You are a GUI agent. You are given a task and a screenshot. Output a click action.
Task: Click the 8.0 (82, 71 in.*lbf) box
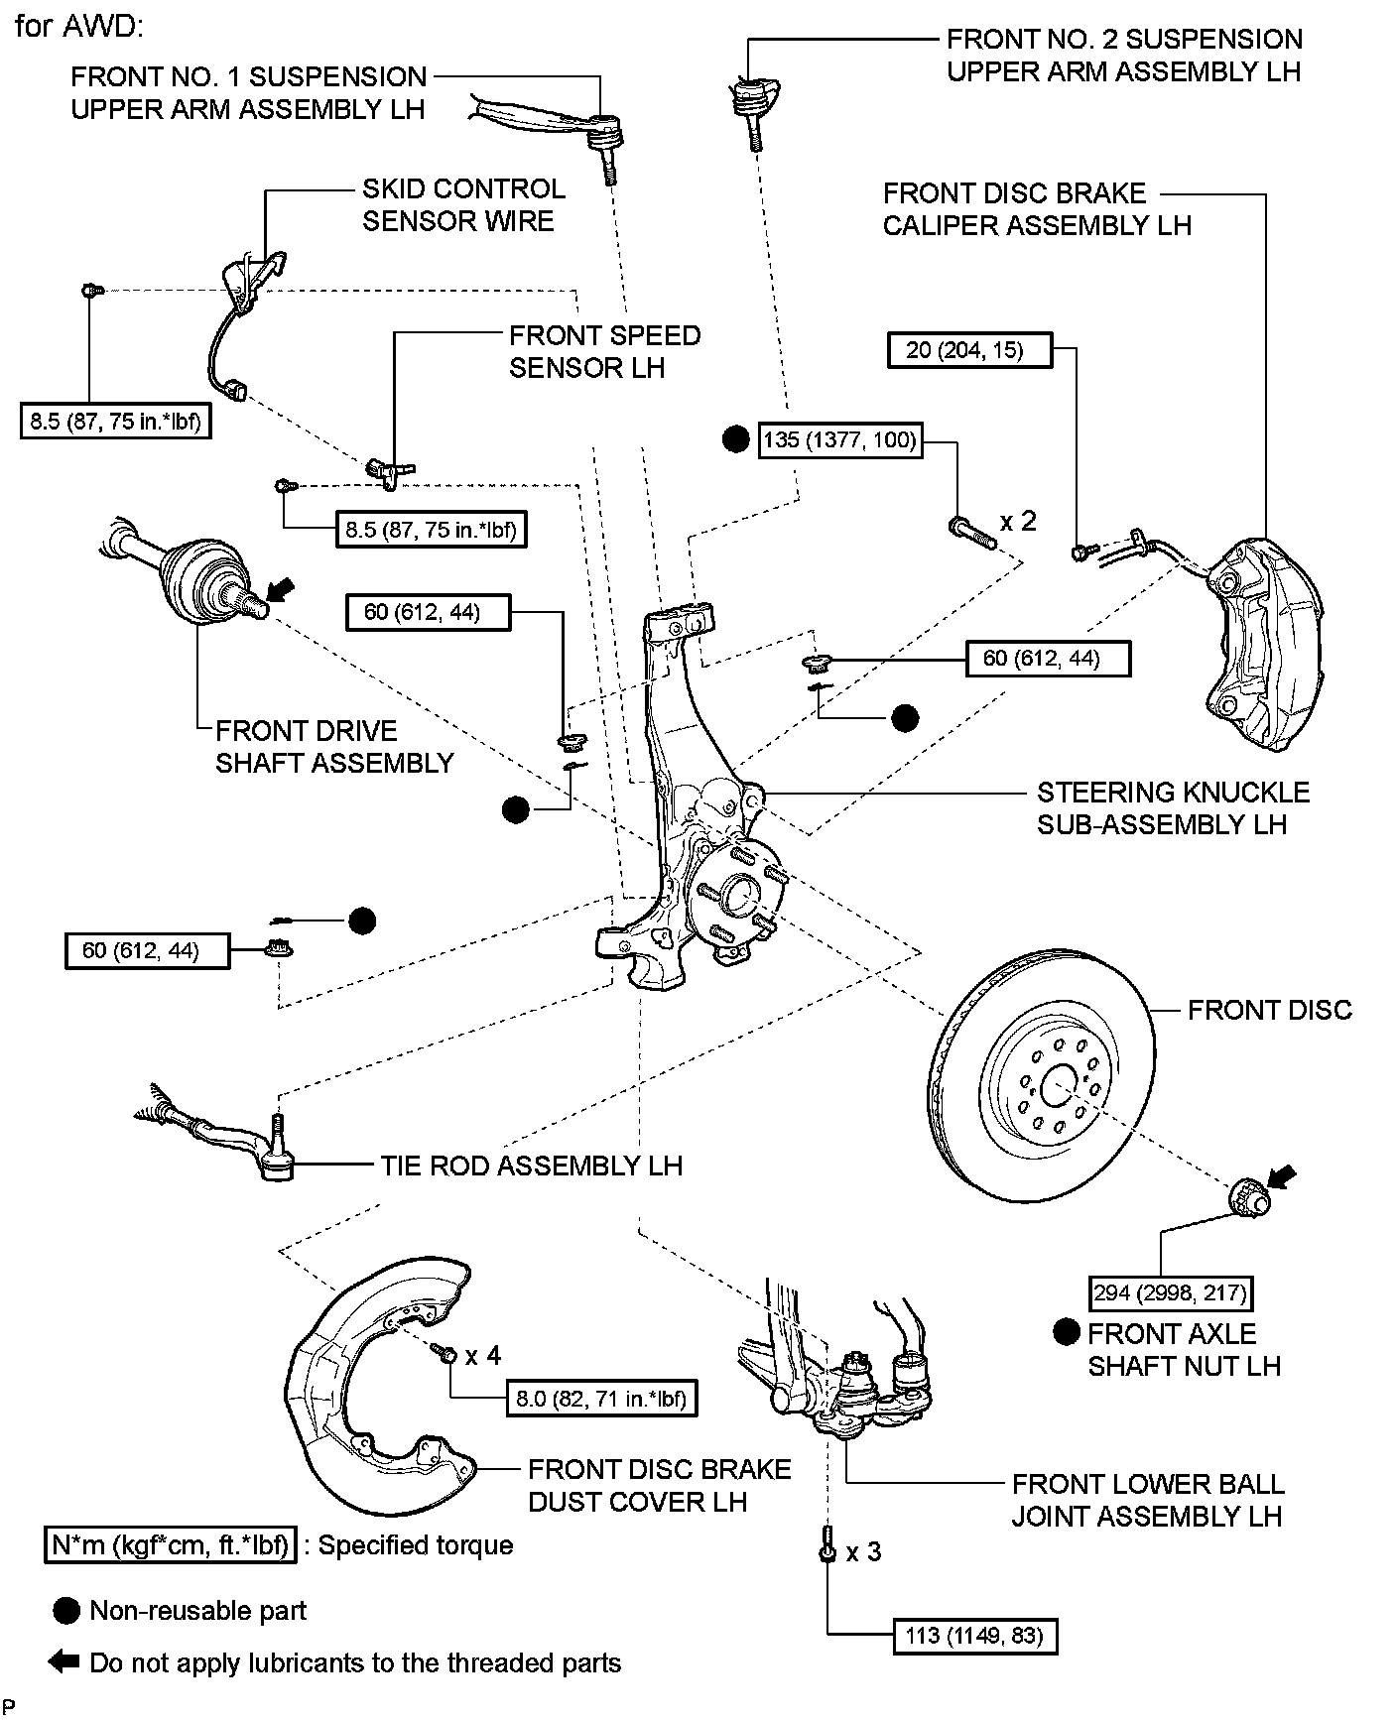click(600, 1399)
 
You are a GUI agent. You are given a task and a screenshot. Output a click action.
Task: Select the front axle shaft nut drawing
click(1248, 1195)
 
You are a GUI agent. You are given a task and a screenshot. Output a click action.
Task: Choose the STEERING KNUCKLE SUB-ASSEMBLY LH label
click(1173, 808)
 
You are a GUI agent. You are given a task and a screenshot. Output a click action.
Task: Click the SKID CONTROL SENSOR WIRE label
click(463, 204)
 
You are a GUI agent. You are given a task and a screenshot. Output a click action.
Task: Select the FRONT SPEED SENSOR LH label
click(604, 351)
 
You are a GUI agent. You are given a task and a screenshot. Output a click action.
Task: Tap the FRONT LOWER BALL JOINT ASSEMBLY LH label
click(1147, 1500)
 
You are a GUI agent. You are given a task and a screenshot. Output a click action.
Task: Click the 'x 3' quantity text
click(863, 1551)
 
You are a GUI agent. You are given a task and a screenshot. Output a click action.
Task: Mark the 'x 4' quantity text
click(483, 1355)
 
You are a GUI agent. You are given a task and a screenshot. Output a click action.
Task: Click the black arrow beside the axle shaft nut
click(1282, 1176)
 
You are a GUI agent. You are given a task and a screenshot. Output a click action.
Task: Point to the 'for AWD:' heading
click(79, 26)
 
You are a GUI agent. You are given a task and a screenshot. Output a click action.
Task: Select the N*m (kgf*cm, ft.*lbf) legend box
click(170, 1545)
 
